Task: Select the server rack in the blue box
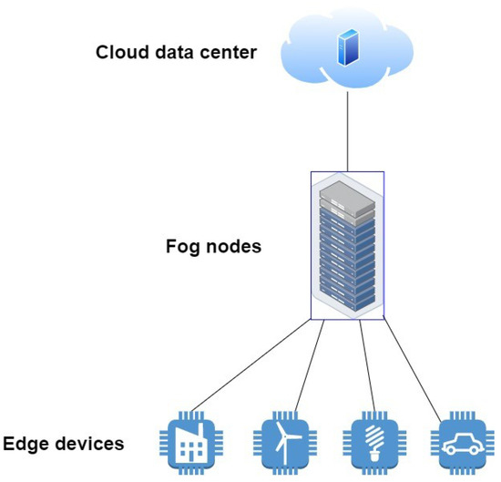point(346,246)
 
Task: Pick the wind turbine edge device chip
point(285,443)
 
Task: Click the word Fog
point(183,246)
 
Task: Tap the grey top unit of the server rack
point(348,196)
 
